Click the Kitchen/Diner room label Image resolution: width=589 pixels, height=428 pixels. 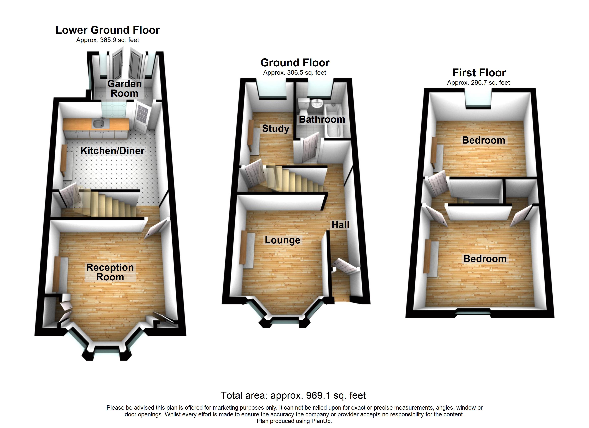point(112,151)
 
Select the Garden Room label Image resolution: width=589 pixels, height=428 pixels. point(124,88)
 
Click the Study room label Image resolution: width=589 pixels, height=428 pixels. point(276,128)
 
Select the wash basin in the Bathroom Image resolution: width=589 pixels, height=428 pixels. point(317,104)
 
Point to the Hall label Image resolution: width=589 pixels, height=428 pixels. point(340,225)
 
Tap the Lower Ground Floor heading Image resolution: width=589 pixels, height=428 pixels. point(107,30)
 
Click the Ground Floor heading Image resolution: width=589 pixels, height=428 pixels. point(295,63)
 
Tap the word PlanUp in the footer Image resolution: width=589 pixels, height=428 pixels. point(322,421)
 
